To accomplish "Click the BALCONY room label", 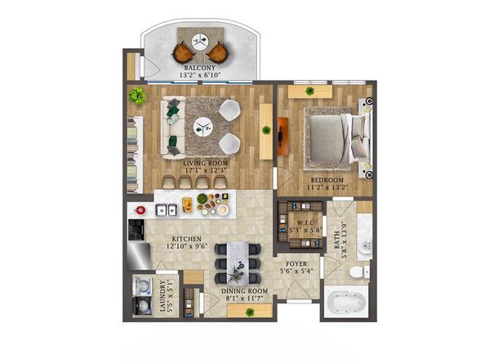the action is tap(199, 68).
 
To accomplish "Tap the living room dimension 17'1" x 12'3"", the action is tap(206, 170).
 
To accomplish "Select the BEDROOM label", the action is tap(327, 179).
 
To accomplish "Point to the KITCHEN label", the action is tap(186, 239).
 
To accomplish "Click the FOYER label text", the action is tap(296, 263).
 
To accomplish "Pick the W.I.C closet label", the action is tap(306, 223).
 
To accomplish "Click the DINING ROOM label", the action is tap(244, 291).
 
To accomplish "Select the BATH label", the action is tap(337, 241).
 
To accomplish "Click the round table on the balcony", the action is tap(199, 41).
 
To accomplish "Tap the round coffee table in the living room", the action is tap(203, 126).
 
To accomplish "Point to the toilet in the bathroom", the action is tap(358, 272).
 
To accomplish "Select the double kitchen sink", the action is tap(166, 210).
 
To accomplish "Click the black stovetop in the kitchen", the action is tap(136, 229).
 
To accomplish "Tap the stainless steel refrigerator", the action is tap(139, 256).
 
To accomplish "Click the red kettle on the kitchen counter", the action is tap(140, 210).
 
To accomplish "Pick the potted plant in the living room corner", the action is tap(137, 95).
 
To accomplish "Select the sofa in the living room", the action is tap(172, 127).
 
